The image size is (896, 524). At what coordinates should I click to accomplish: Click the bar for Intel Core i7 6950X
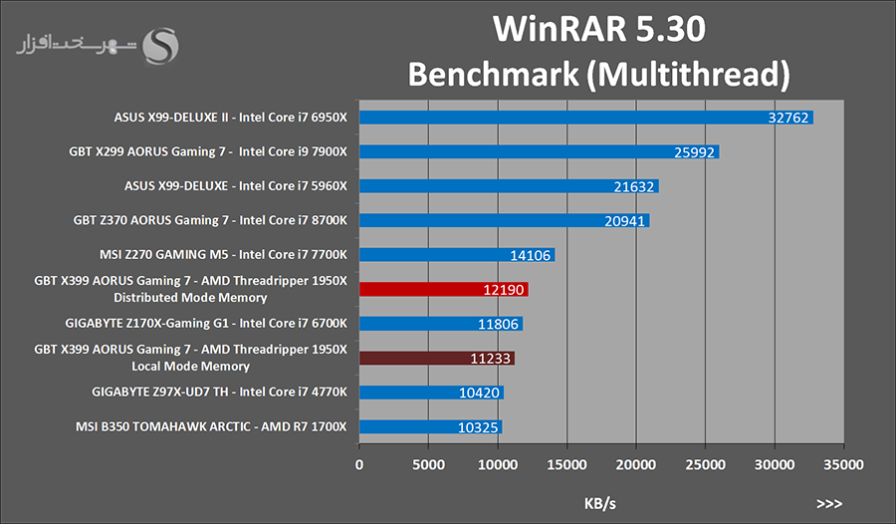[x=585, y=118]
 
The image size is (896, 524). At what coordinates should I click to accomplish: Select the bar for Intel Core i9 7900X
[x=539, y=151]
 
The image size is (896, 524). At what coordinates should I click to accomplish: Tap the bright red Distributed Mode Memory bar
[x=443, y=289]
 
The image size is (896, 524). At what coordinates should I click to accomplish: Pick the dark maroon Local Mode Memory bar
[x=436, y=358]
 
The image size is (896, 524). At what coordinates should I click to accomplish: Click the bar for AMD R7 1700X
[x=430, y=426]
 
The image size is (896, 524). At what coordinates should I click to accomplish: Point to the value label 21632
[x=636, y=186]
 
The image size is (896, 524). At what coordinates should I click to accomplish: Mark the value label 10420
[x=481, y=393]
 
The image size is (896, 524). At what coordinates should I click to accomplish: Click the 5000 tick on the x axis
[x=428, y=464]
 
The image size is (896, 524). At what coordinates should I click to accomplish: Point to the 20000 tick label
[x=635, y=464]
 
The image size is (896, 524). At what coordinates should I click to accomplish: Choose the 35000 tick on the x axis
[x=843, y=464]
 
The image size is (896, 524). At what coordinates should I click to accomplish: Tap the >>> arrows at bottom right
[x=828, y=504]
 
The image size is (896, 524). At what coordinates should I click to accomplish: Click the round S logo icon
[x=161, y=45]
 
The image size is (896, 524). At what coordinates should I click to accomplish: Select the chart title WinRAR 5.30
[x=600, y=30]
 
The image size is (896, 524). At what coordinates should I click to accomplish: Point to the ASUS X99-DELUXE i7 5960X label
[x=235, y=186]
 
